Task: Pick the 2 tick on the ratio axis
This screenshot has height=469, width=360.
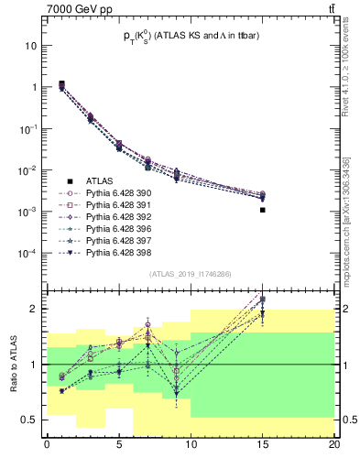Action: (36, 309)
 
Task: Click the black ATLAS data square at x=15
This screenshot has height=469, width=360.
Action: (263, 210)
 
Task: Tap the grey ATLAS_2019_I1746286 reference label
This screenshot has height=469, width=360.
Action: (190, 273)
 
